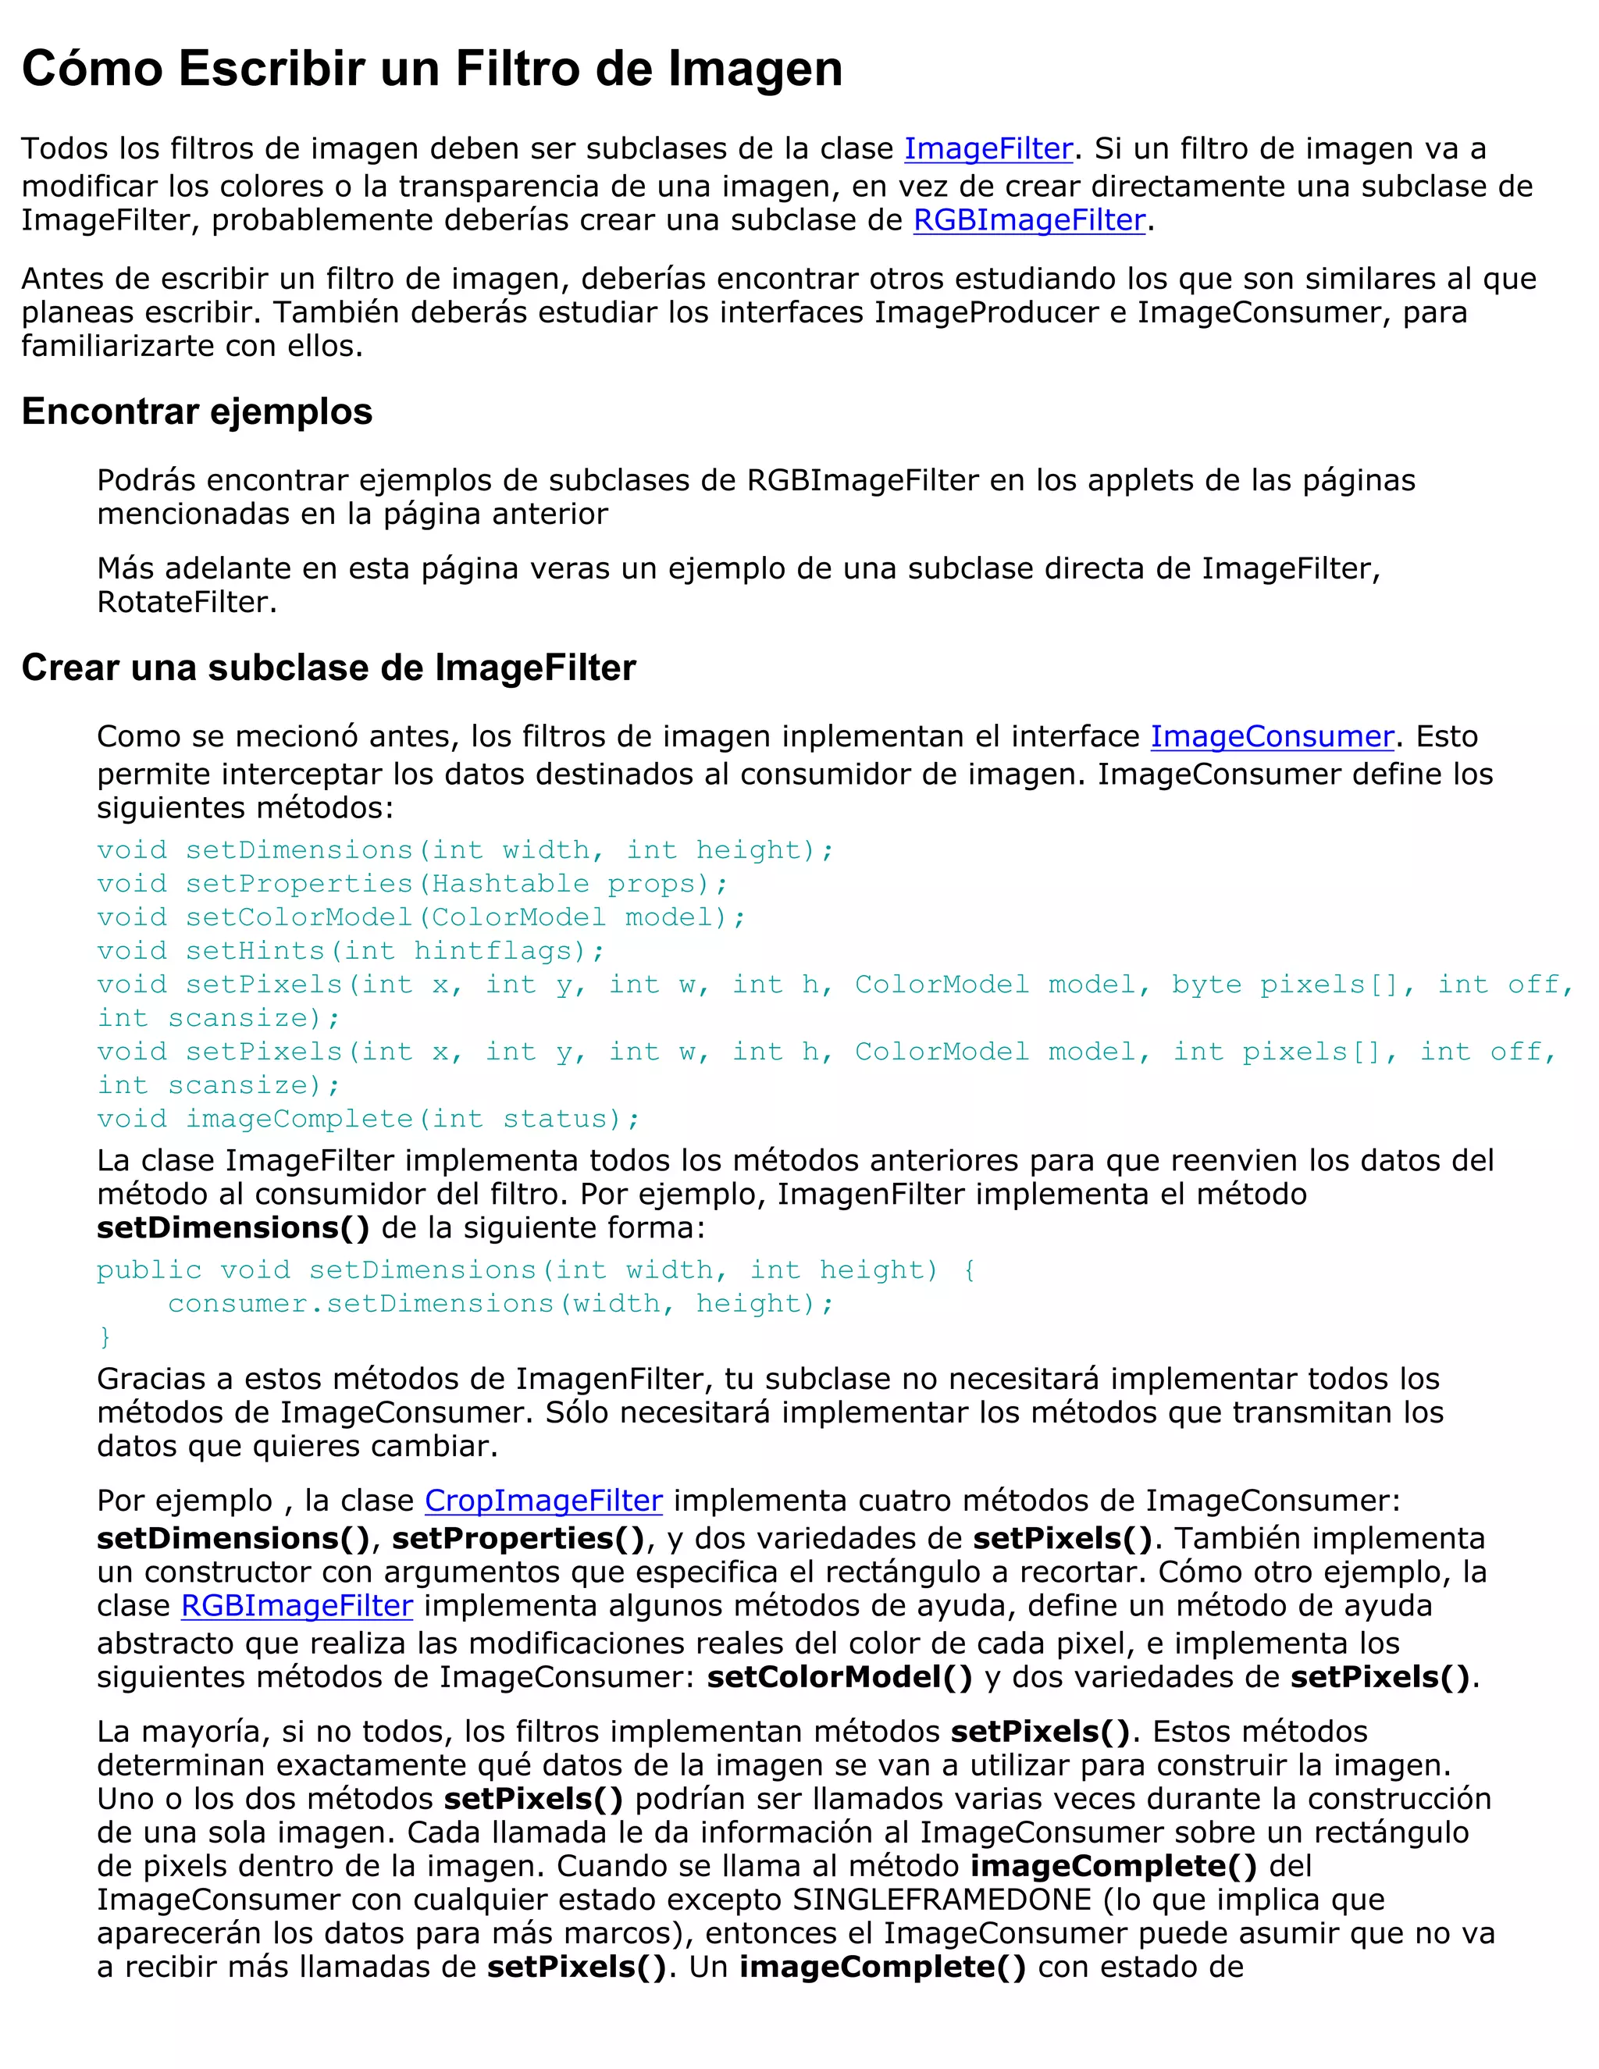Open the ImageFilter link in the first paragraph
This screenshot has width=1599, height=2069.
click(x=988, y=148)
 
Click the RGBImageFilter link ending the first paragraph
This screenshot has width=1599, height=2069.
click(x=1029, y=220)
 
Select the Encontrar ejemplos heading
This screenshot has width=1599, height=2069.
click(x=197, y=412)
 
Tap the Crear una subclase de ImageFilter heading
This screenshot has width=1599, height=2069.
click(x=329, y=668)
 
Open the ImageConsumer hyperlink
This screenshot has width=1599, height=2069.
click(x=1271, y=736)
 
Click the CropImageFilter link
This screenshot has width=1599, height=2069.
click(x=543, y=1501)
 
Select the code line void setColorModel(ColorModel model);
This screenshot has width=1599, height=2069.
click(x=421, y=917)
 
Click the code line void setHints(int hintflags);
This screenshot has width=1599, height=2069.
click(x=351, y=951)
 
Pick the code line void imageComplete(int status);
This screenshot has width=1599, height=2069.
click(x=369, y=1119)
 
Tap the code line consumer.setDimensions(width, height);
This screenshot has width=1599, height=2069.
click(x=500, y=1304)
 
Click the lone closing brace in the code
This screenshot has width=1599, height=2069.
click(x=104, y=1337)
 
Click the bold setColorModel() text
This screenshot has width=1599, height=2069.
click(x=839, y=1677)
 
